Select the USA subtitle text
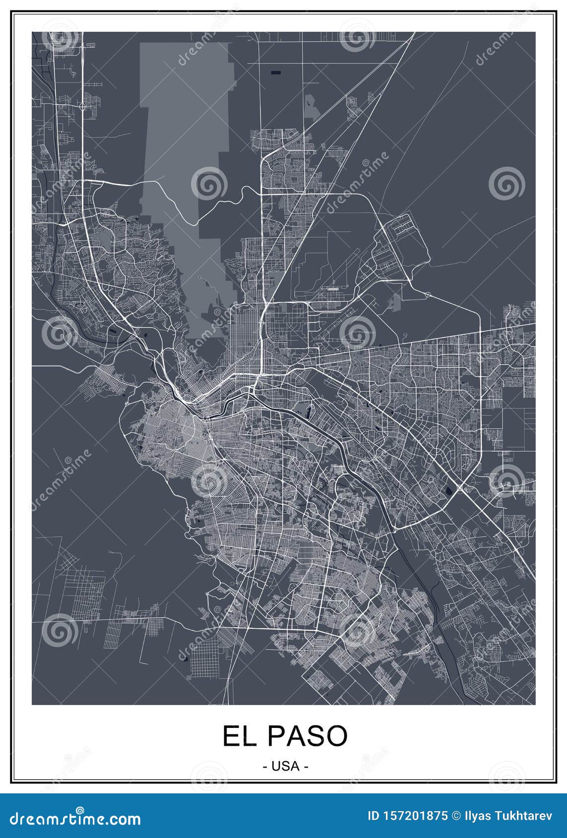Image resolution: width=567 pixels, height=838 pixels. tap(285, 766)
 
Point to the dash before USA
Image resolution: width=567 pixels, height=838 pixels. tap(264, 767)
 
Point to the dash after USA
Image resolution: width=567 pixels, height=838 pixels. tap(307, 767)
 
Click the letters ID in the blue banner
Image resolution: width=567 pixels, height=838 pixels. tap(374, 816)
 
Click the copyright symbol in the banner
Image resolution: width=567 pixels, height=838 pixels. tap(455, 816)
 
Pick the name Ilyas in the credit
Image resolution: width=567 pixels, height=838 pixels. tap(477, 816)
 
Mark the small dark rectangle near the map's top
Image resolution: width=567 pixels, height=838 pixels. tap(276, 72)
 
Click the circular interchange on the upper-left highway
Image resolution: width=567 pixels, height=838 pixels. tap(81, 106)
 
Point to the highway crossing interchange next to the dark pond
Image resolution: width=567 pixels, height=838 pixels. tap(461, 488)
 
